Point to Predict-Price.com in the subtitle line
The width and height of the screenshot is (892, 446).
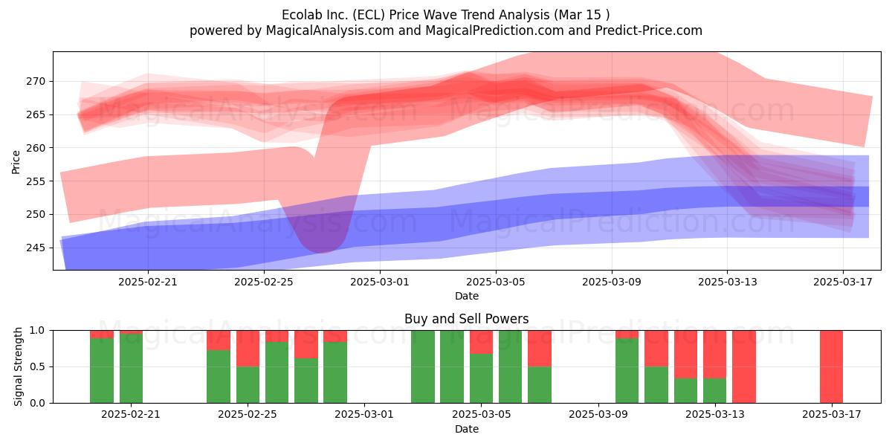click(x=649, y=30)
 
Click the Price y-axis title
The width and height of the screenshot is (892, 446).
click(x=16, y=162)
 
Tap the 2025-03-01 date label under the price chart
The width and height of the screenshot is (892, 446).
click(x=380, y=282)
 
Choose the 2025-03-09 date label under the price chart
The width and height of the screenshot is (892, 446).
click(x=612, y=282)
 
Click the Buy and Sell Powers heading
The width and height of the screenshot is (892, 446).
click(x=466, y=319)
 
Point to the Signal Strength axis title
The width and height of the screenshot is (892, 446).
click(x=18, y=366)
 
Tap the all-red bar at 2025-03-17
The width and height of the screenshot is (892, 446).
click(x=832, y=366)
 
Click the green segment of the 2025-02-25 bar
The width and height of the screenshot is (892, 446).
click(x=248, y=385)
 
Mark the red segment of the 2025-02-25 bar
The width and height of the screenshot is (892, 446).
click(x=248, y=349)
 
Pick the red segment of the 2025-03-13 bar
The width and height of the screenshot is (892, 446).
click(x=715, y=355)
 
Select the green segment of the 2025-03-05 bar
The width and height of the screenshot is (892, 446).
click(x=481, y=378)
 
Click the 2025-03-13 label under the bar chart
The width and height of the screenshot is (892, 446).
click(x=715, y=414)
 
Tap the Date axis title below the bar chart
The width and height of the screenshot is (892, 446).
click(x=467, y=429)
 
